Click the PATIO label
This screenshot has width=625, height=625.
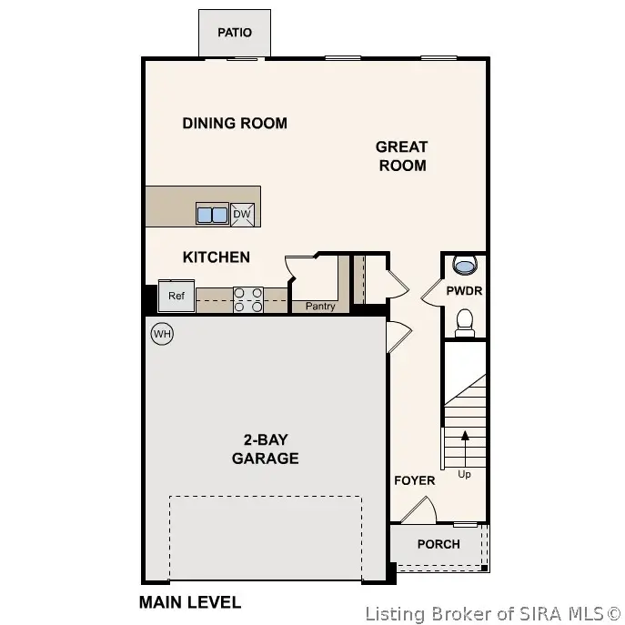234,33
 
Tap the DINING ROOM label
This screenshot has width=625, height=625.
235,123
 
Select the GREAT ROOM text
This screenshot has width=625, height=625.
401,156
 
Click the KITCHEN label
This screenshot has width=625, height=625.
217,257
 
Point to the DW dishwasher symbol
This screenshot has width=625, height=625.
242,215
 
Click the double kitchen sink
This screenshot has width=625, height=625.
212,215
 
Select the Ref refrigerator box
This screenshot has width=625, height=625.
176,296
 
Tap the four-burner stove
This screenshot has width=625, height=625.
248,300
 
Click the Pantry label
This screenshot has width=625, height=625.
320,307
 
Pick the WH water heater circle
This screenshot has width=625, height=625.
162,334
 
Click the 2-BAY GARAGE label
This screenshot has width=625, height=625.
265,449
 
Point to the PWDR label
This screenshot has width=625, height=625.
464,291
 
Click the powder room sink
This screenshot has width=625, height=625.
465,266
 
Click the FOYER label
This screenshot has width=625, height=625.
414,479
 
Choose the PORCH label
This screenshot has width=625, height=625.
439,544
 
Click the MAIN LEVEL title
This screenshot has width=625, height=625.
189,601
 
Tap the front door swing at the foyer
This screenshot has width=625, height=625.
420,510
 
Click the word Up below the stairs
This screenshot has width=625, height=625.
465,474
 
